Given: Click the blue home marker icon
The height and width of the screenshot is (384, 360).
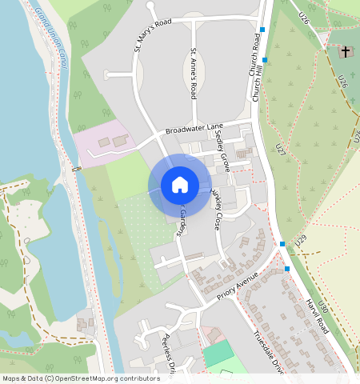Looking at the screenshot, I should (x=180, y=185).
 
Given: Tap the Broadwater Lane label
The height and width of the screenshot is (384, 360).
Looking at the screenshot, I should (x=194, y=128).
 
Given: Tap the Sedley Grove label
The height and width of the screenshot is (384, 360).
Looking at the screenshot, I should (x=222, y=148).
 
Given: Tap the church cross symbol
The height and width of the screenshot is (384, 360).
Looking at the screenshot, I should (x=346, y=53).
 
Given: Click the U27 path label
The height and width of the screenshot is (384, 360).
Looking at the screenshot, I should (x=279, y=150).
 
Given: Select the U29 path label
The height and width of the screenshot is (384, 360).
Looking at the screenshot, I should (x=300, y=240).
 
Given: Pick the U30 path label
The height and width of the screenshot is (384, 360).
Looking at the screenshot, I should (x=322, y=306).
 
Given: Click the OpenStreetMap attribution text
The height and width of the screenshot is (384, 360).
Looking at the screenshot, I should (x=81, y=378).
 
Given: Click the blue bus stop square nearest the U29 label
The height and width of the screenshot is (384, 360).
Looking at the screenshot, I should (x=282, y=244).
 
